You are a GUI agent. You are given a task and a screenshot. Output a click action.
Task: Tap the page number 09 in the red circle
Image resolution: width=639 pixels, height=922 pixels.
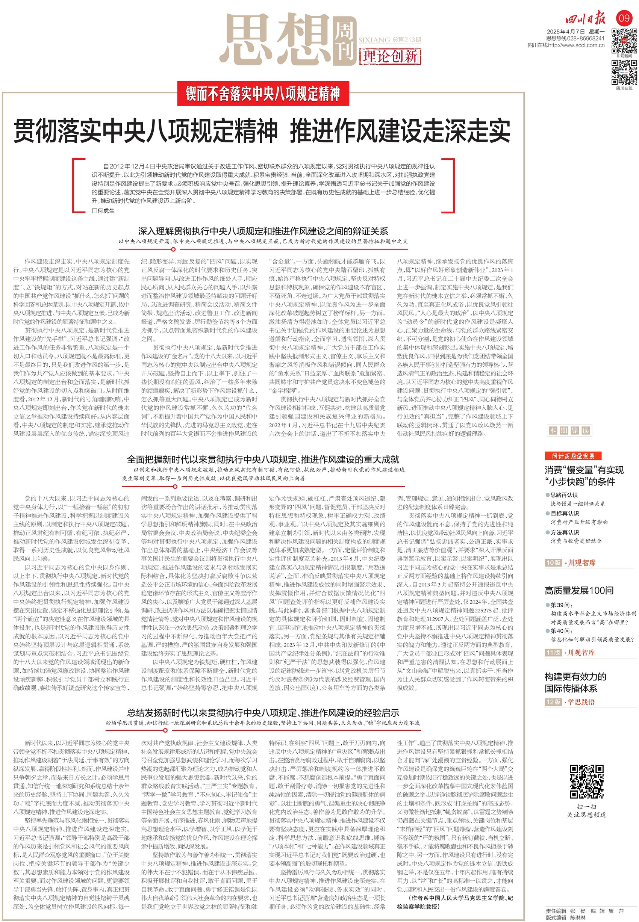tap(624, 18)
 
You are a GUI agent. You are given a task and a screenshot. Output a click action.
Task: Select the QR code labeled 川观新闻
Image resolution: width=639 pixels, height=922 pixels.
tap(624, 41)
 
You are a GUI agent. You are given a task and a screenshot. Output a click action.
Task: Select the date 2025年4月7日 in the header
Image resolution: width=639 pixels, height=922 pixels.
tap(566, 32)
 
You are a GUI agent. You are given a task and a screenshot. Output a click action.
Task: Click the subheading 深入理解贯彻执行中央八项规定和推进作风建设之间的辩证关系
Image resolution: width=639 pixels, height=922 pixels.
tap(263, 231)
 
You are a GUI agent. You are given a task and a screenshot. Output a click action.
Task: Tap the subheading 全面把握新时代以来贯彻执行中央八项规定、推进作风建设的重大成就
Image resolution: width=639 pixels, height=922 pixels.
tap(263, 459)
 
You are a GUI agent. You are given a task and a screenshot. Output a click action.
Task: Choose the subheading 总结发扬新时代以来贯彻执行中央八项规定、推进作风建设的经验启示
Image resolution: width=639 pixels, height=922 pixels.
tap(263, 712)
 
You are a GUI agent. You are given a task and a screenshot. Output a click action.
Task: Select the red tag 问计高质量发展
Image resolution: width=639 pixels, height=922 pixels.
tap(573, 456)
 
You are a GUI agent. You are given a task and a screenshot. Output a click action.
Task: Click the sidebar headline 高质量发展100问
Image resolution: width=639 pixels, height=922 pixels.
tap(578, 590)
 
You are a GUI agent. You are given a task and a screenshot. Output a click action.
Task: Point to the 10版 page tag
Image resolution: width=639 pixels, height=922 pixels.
tap(553, 563)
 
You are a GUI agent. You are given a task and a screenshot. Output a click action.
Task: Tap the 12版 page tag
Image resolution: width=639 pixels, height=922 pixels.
tap(553, 702)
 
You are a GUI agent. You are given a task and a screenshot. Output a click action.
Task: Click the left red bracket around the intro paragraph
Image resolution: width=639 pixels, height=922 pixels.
tap(75, 185)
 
